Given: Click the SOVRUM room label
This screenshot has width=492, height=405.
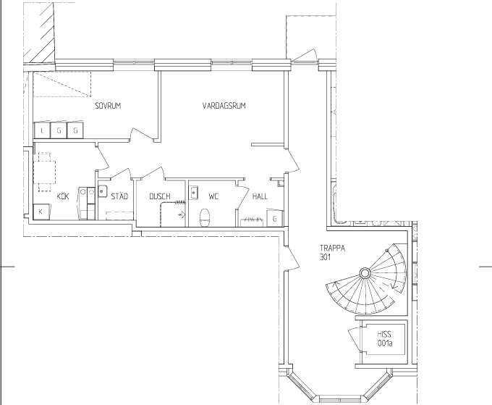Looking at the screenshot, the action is (108, 106).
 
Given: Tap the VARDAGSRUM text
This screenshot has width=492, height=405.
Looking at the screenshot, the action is (224, 106).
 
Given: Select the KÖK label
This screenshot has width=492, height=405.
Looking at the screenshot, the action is (63, 196).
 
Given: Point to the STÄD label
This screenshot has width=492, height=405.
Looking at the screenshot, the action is (119, 196).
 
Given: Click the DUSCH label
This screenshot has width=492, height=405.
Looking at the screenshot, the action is (160, 196).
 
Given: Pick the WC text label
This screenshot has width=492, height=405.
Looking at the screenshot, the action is (213, 196).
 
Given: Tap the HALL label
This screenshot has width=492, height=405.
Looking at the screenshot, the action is (260, 196).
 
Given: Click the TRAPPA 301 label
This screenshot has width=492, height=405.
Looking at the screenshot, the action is (332, 253).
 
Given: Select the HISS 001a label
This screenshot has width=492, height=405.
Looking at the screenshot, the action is (385, 338).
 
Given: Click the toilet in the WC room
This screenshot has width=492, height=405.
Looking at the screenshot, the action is (205, 217).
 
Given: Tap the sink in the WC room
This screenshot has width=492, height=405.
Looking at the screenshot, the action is (194, 192).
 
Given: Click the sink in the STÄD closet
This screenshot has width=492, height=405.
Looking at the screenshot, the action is (102, 191).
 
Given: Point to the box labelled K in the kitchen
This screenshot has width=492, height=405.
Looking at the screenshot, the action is (41, 212).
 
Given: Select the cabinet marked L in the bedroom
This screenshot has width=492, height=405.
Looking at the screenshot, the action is (42, 130).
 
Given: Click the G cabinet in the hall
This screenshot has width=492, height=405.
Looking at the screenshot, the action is (275, 218).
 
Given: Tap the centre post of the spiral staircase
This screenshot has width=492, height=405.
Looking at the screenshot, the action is (365, 273).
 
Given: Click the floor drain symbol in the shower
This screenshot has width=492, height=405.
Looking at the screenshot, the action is (182, 215).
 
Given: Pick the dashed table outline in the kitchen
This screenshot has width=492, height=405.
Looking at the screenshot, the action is (45, 172).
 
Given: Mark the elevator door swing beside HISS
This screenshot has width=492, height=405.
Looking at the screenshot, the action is (355, 339).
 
